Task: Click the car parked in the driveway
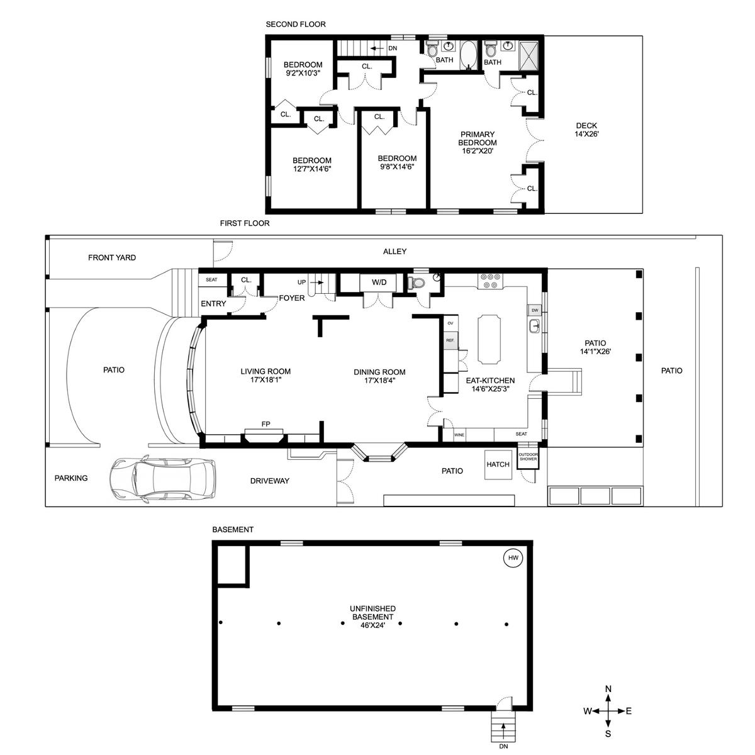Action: (162, 478)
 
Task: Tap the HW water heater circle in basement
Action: (513, 557)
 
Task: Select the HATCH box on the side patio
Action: (498, 464)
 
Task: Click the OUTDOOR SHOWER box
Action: (528, 457)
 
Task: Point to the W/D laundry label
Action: (379, 282)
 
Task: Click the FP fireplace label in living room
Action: (266, 424)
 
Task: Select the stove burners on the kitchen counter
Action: (490, 281)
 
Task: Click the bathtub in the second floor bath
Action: (467, 55)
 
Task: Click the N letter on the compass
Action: (608, 688)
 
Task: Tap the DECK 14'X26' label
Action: (586, 130)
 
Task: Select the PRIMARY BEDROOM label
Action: (477, 138)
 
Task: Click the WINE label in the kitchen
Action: (459, 435)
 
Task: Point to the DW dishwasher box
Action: (535, 310)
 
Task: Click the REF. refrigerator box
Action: (450, 340)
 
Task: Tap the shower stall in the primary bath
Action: (529, 55)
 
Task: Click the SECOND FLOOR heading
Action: (296, 25)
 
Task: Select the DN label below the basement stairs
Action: (503, 746)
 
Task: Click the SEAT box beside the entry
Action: (211, 280)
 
